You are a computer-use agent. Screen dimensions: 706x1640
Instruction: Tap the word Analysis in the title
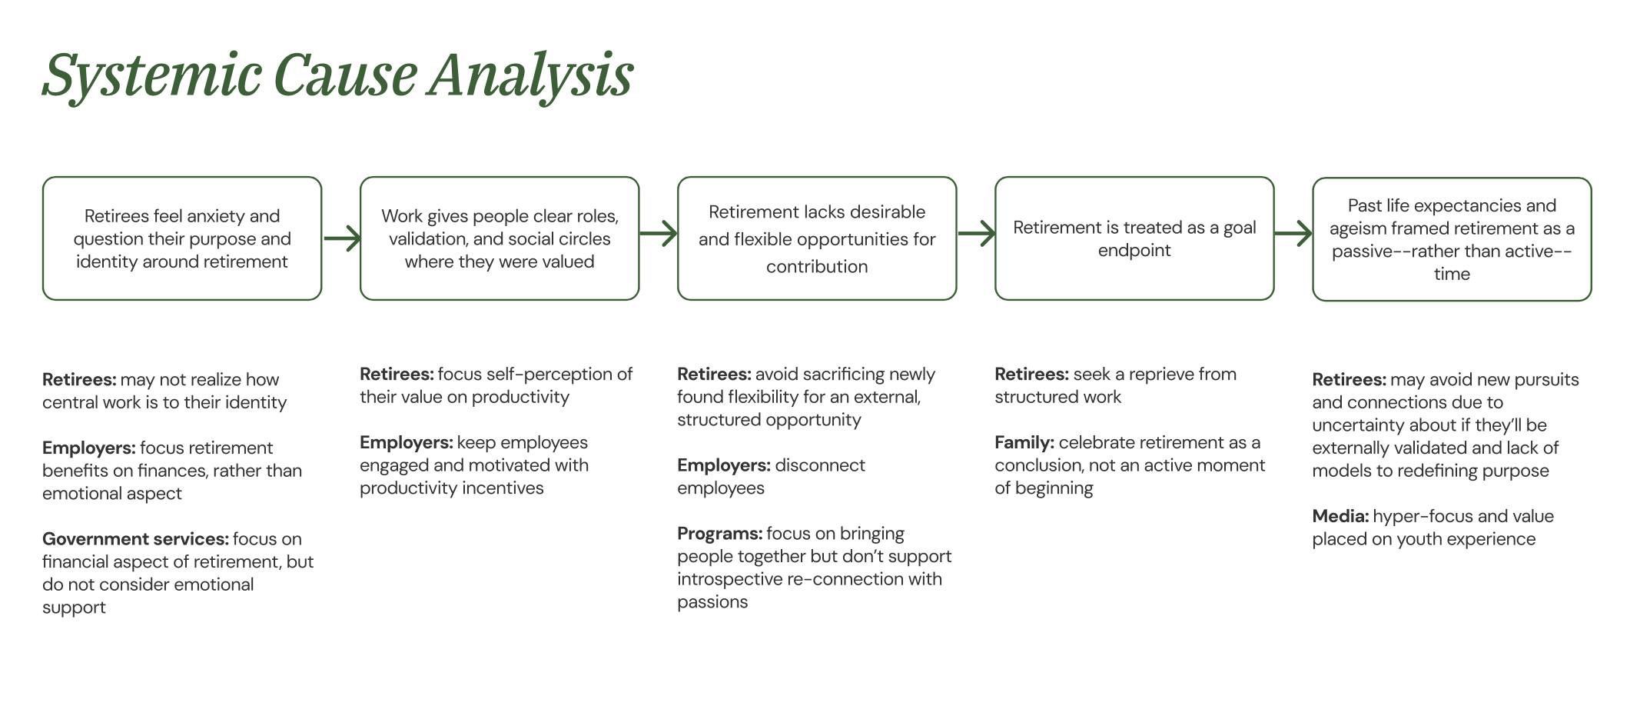tap(530, 76)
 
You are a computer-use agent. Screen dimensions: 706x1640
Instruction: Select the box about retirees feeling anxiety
tap(182, 238)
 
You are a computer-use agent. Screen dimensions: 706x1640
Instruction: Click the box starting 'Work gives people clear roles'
tap(500, 238)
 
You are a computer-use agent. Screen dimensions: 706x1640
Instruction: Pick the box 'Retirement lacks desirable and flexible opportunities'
tap(817, 238)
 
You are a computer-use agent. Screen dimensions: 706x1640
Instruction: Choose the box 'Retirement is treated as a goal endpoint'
tap(1134, 238)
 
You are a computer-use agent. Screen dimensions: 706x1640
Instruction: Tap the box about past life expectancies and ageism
tap(1452, 239)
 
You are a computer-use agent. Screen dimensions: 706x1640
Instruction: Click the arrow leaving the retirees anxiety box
tap(341, 238)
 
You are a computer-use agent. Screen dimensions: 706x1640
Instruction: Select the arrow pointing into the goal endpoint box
tap(976, 233)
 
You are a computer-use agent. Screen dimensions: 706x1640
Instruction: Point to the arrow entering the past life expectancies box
tap(1293, 233)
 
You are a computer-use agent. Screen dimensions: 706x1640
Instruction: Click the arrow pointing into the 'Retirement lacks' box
tap(659, 233)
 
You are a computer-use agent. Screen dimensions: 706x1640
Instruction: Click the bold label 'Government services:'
tap(135, 539)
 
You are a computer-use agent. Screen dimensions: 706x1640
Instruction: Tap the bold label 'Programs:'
tap(719, 534)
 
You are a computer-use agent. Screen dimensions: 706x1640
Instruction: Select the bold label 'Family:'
tap(1024, 443)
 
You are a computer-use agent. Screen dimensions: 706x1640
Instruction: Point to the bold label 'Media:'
tap(1340, 517)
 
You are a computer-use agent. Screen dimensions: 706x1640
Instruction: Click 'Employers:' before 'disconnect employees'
tap(723, 465)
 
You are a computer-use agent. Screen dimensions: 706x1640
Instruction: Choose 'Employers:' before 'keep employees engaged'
tap(406, 443)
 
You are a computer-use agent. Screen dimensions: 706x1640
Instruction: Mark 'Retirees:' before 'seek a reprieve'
tap(1031, 375)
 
